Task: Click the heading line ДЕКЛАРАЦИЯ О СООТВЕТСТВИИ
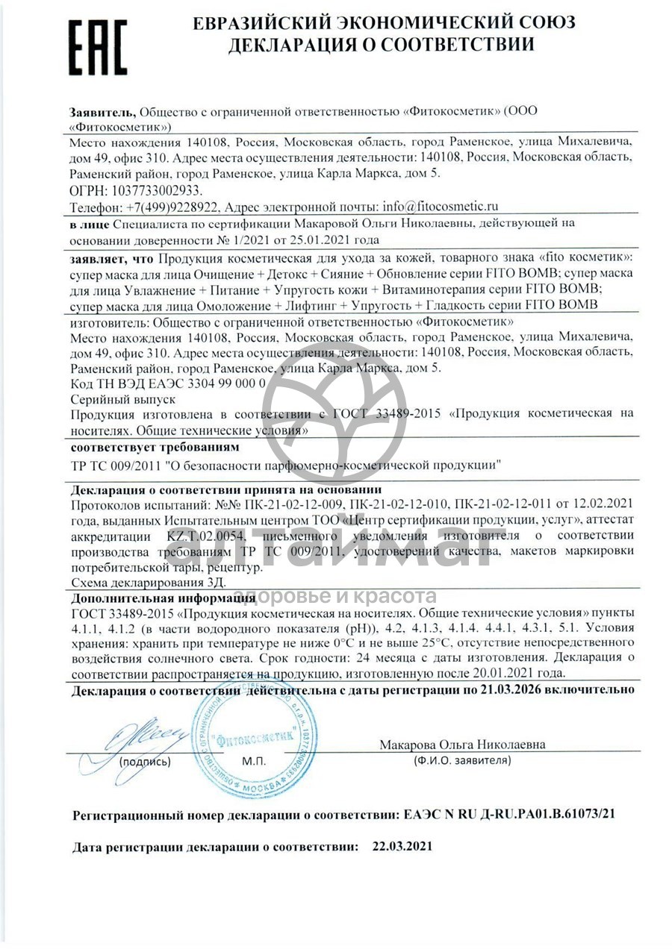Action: point(381,46)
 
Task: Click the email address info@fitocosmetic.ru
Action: point(440,206)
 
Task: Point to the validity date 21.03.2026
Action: point(515,690)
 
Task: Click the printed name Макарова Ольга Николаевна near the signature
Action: point(462,745)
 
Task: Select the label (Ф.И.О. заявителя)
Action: point(462,761)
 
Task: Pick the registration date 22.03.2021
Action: point(399,848)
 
